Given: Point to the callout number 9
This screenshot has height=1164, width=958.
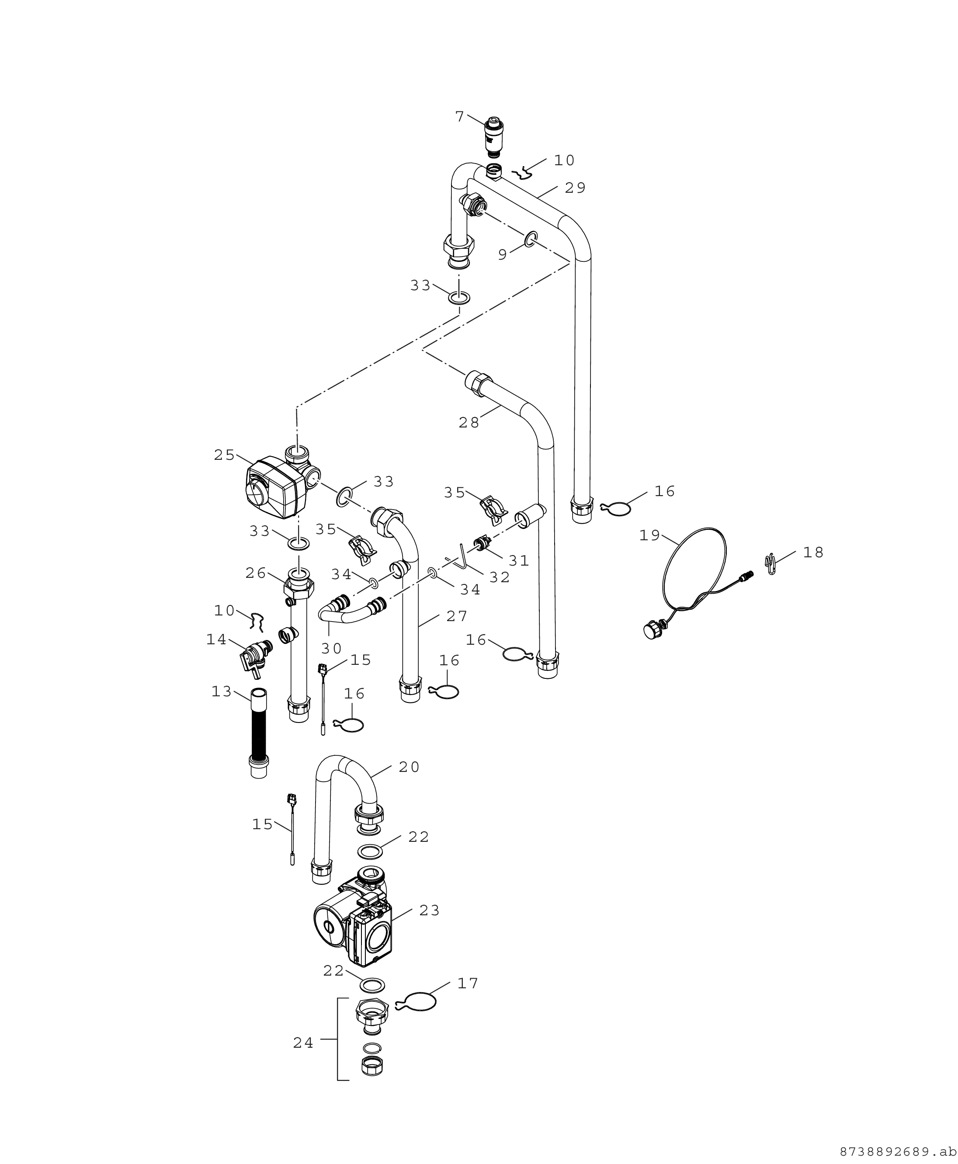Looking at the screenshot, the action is (x=502, y=254).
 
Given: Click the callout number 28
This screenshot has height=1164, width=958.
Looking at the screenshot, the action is (x=469, y=422).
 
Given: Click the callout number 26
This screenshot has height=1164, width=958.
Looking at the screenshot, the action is (x=256, y=573).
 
